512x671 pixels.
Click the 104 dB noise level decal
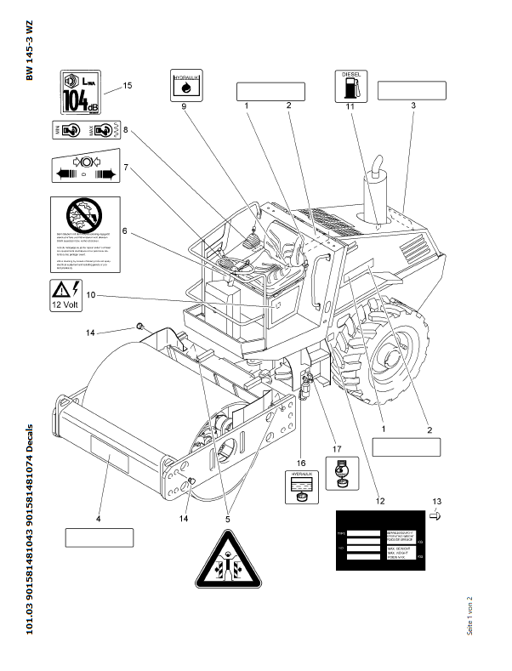coord(83,92)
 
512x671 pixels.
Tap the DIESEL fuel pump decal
coord(351,87)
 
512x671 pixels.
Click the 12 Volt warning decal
coord(72,294)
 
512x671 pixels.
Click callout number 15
coord(128,85)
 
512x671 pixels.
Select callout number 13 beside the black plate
coord(436,502)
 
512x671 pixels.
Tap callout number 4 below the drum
coord(98,520)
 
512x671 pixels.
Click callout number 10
coord(89,295)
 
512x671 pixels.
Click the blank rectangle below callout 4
coord(100,537)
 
